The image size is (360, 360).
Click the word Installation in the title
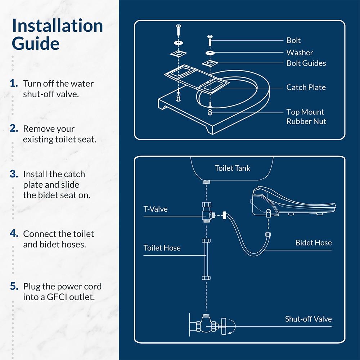point(58,26)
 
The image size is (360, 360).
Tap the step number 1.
point(14,84)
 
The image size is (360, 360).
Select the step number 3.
point(14,174)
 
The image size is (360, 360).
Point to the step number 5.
point(14,287)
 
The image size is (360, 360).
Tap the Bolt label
point(293,40)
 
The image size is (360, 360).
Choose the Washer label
point(300,53)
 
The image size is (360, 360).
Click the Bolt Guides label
point(306,63)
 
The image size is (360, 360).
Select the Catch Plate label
point(306,87)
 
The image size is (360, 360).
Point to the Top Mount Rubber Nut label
point(306,117)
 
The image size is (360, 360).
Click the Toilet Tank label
point(232,168)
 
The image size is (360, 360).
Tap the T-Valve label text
point(156,209)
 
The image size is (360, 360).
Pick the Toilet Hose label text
point(162,248)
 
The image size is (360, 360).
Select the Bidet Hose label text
point(313,243)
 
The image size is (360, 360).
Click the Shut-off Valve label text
point(308,319)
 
